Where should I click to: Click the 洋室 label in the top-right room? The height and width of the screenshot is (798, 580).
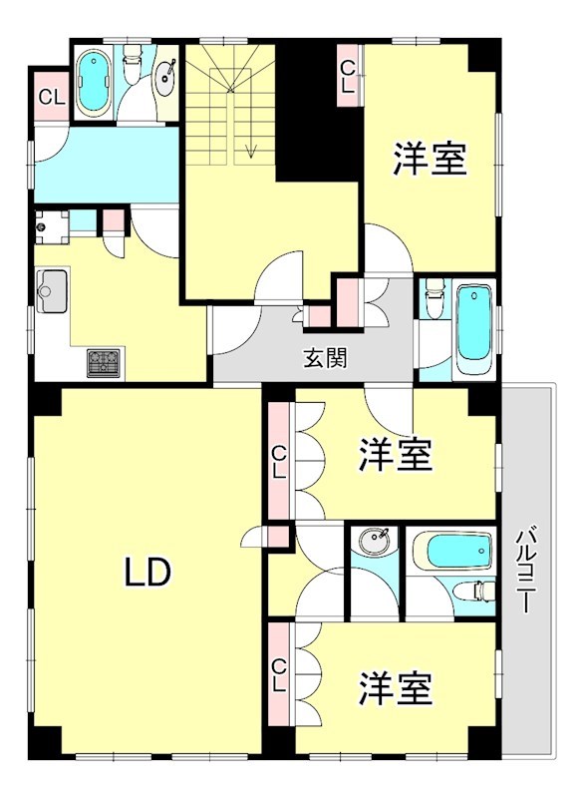pos(430,159)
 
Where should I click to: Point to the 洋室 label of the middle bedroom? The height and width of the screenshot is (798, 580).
pos(396,455)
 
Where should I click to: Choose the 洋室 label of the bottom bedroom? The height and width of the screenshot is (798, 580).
pos(396,687)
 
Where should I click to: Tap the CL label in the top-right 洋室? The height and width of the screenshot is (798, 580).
pos(348,76)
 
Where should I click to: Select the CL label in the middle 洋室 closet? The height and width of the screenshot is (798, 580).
pos(280,461)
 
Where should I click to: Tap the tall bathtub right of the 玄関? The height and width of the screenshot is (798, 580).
pos(473,326)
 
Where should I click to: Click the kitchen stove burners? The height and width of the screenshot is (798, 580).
pos(104,361)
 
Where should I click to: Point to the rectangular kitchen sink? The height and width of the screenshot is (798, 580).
pos(52,290)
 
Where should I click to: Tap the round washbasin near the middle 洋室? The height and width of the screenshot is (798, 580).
pos(375,544)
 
